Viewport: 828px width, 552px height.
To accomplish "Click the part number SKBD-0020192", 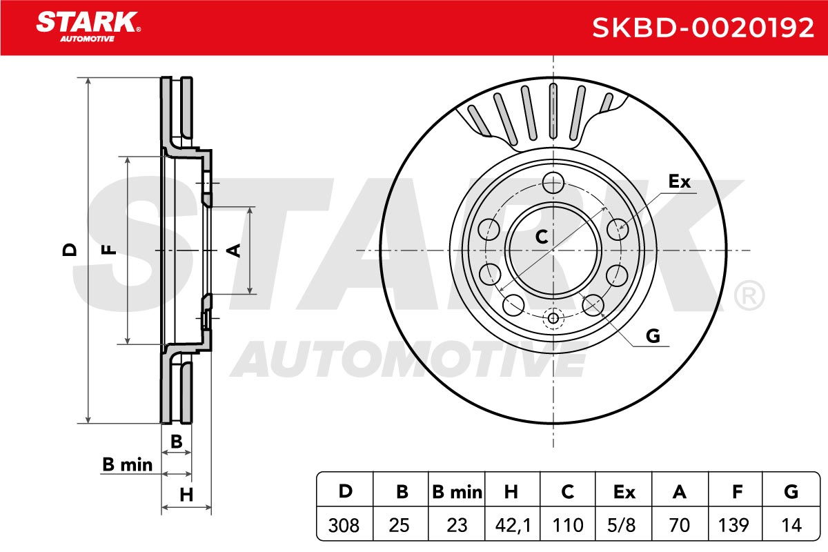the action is (x=703, y=28).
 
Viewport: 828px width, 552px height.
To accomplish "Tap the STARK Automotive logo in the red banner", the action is (x=88, y=27).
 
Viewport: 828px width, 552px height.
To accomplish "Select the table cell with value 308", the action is (x=344, y=525).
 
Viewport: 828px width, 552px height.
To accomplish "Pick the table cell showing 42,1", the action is (x=513, y=525).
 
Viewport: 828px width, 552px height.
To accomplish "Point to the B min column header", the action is (x=457, y=492).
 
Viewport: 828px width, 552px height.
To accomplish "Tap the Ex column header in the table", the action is (x=624, y=492).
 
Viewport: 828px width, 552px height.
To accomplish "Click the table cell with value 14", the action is (x=791, y=525).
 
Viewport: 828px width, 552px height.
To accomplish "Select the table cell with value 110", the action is (x=568, y=525).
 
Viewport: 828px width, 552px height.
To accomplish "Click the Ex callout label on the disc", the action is (x=680, y=181).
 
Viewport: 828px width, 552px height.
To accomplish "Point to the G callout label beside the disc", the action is (x=653, y=336).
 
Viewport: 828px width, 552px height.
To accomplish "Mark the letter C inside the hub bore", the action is (x=542, y=237).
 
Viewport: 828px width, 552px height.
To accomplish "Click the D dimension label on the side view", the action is (x=70, y=250).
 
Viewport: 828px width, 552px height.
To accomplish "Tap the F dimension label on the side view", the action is (x=109, y=250).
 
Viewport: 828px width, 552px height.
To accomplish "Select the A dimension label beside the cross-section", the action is (x=234, y=250).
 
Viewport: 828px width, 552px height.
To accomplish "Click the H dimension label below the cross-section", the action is (x=186, y=495).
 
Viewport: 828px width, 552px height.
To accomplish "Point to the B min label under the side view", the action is (x=127, y=465).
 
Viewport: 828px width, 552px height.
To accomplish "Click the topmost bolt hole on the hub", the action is (x=553, y=182).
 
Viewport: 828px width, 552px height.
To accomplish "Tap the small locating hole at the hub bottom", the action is (x=553, y=317).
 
